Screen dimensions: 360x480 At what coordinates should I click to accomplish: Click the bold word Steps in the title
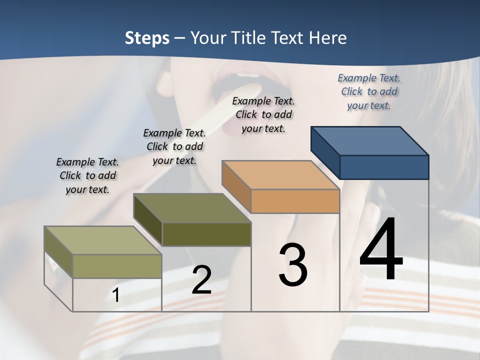pyautogui.click(x=147, y=38)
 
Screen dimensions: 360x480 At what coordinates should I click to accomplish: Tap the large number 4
pyautogui.click(x=381, y=249)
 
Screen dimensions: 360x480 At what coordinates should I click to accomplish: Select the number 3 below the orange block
pyautogui.click(x=293, y=265)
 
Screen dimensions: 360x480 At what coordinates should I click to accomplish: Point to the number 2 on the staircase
pyautogui.click(x=201, y=280)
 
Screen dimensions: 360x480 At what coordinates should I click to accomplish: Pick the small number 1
pyautogui.click(x=115, y=295)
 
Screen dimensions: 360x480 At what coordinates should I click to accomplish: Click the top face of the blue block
pyautogui.click(x=369, y=140)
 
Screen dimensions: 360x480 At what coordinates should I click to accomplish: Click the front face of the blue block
pyautogui.click(x=384, y=167)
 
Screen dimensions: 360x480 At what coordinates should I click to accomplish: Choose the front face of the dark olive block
pyautogui.click(x=206, y=234)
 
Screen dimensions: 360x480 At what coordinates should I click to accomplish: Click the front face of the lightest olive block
pyautogui.click(x=117, y=266)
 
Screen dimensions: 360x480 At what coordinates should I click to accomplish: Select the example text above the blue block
pyautogui.click(x=369, y=91)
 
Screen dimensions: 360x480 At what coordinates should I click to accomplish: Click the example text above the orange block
pyautogui.click(x=263, y=114)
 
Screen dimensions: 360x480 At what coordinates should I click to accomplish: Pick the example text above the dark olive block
pyautogui.click(x=174, y=146)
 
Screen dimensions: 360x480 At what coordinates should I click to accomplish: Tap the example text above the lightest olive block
pyautogui.click(x=87, y=175)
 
